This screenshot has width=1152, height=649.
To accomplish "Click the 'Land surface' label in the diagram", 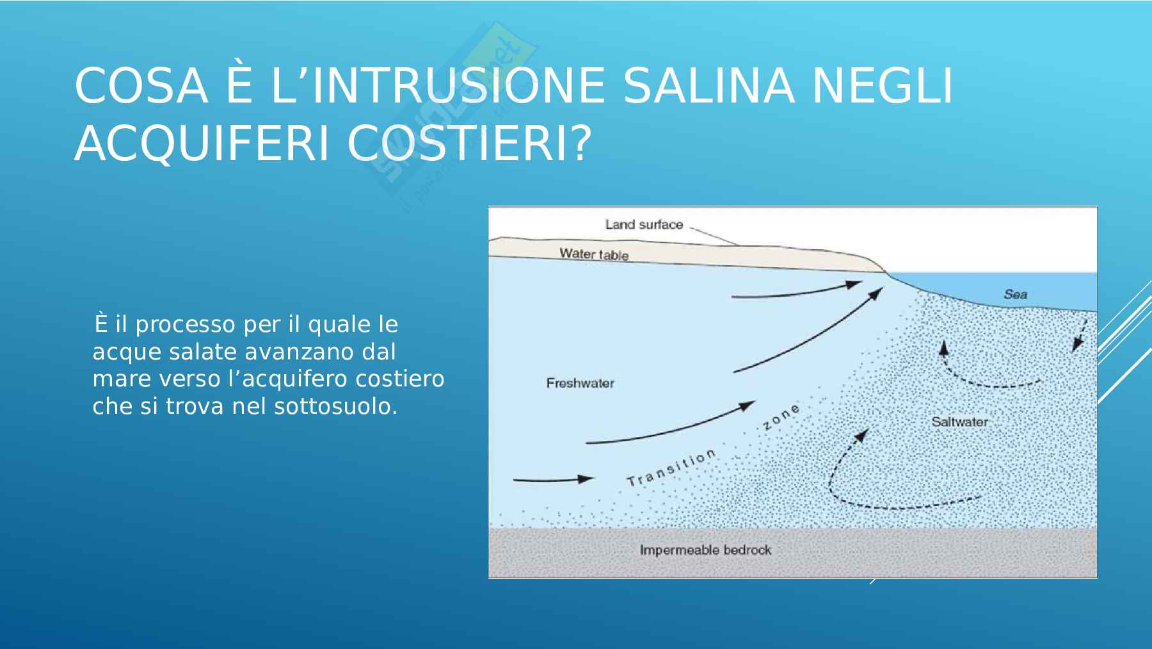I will click(x=644, y=225).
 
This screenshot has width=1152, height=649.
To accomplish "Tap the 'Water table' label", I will click(x=594, y=254).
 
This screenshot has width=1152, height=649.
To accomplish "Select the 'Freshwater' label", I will click(x=580, y=383).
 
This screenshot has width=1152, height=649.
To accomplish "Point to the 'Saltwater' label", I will click(x=959, y=422).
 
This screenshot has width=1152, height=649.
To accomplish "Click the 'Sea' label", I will click(x=1015, y=295).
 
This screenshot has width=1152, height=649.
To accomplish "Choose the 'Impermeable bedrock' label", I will click(x=705, y=550).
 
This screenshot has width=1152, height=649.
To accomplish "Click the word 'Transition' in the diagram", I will click(x=671, y=469).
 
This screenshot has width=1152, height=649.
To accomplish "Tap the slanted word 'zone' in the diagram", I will click(x=781, y=417).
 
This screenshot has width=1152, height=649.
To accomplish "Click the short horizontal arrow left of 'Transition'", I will click(x=553, y=479).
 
